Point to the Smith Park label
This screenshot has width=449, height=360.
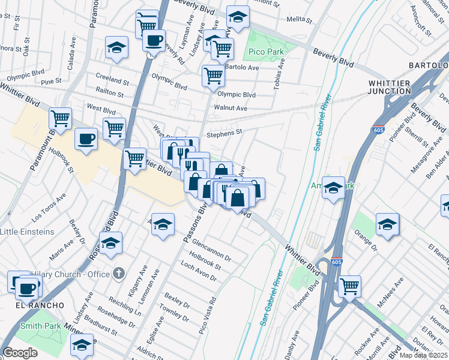click(x=41, y=326)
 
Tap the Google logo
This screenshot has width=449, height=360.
click(x=20, y=352)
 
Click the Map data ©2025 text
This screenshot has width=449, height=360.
click(x=423, y=355)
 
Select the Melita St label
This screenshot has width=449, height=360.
click(x=300, y=20)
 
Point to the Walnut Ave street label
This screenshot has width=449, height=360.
click(x=232, y=108)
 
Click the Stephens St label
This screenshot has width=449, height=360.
click(x=224, y=133)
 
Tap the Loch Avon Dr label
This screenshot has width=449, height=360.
click(x=198, y=272)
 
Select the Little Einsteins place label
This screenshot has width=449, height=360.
click(x=27, y=232)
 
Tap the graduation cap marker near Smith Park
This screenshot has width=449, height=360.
click(x=82, y=344)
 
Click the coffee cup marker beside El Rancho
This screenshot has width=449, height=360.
click(x=26, y=288)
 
